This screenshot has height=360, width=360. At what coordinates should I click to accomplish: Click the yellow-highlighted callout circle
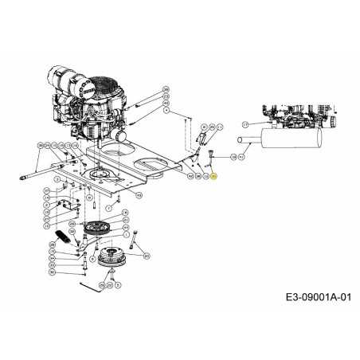(x=213, y=176)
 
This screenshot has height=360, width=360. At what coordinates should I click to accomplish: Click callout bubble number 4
(x=166, y=112)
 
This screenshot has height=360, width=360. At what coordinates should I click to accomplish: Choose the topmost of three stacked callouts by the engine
(x=166, y=88)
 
